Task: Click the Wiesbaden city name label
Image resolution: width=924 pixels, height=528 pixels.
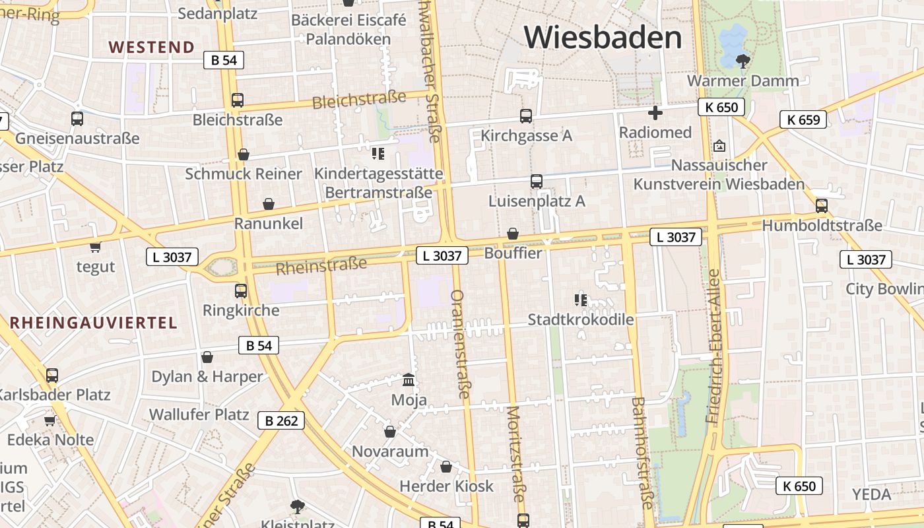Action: pos(603,37)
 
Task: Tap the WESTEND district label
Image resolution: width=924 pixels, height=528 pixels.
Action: pos(152,47)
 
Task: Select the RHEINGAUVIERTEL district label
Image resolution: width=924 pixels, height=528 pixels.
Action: pos(93,323)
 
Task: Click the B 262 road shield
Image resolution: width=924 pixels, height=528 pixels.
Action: pos(281,420)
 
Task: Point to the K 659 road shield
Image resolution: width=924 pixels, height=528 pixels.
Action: pos(803,119)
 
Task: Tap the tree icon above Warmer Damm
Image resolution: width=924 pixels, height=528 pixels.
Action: pos(743,61)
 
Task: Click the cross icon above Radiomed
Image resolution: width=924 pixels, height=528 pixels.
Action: pos(655,113)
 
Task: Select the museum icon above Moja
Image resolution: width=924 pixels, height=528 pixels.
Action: pos(409,380)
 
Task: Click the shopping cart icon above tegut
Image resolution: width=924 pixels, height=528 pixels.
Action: pos(96,247)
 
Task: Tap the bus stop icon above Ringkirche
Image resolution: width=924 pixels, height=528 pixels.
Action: pos(241,290)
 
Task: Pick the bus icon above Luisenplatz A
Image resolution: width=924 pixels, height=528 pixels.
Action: pos(537,181)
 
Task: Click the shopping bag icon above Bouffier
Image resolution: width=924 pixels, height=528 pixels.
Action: pos(513,234)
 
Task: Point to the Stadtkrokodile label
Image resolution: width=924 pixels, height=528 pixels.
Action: pos(581,320)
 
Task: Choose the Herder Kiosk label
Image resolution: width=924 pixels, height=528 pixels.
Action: pos(446,486)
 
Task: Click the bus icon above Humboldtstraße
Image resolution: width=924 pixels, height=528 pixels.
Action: pos(822,205)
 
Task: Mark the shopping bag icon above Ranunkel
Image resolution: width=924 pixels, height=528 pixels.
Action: pos(269,204)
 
